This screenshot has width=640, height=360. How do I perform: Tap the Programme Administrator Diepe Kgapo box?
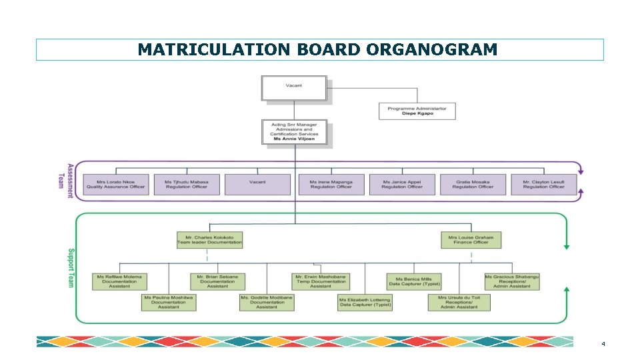[417, 111]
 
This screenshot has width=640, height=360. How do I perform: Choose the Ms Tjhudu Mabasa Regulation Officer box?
[187, 185]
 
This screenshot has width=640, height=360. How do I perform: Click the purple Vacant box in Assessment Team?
[257, 185]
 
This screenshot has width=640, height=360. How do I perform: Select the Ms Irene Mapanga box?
[331, 185]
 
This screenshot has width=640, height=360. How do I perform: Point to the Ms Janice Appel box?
[402, 185]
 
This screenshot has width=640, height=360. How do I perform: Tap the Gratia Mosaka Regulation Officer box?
[473, 185]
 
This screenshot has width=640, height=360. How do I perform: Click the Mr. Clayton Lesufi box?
[543, 185]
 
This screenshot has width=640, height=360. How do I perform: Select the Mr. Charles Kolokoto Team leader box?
[209, 240]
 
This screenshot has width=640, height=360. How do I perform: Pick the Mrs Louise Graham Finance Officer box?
[471, 240]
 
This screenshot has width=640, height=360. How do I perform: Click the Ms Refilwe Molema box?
[120, 281]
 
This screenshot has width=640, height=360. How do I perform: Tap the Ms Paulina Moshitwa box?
[169, 302]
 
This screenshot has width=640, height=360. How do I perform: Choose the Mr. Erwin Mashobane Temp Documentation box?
[321, 281]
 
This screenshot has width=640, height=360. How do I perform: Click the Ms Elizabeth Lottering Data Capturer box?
[365, 302]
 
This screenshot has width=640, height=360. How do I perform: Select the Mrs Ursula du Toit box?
[459, 302]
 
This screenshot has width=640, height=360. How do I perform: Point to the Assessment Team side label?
[66, 177]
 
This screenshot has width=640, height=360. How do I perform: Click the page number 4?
[603, 345]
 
